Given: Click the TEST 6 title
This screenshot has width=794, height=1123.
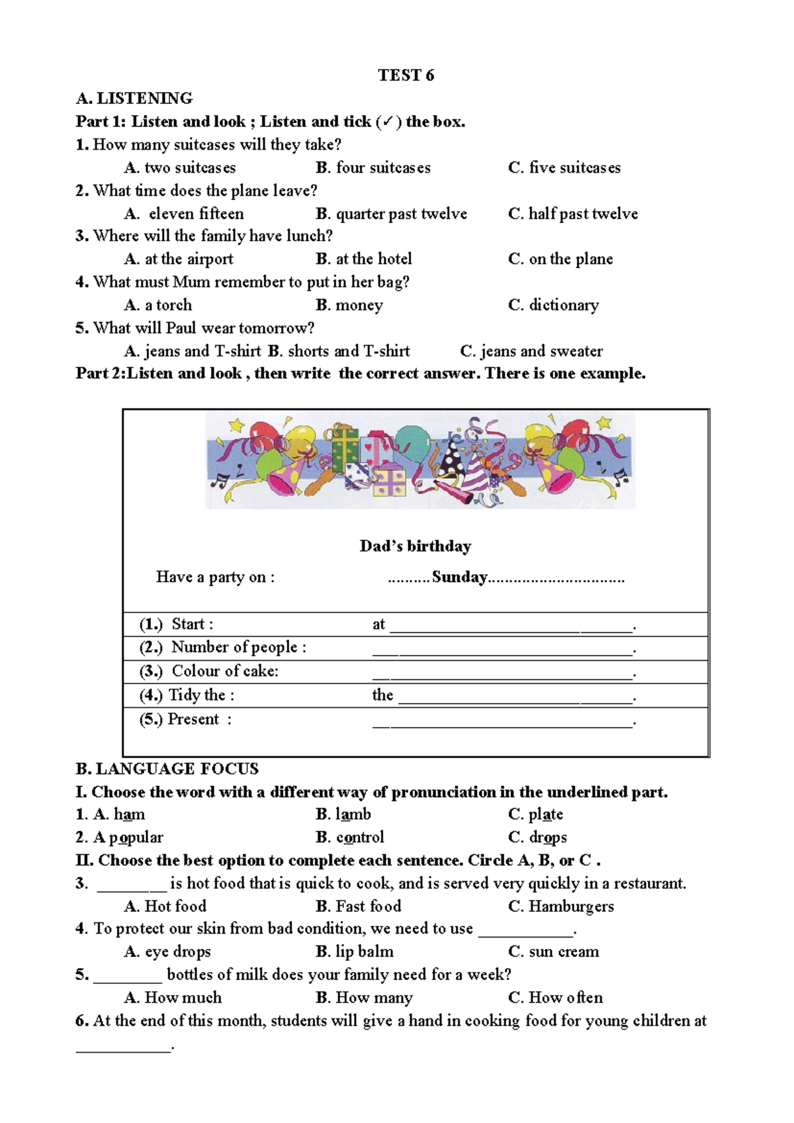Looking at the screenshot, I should point(406,75).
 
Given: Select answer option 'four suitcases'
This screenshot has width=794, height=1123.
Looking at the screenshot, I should point(382,168).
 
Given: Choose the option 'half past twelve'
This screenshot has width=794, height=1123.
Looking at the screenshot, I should point(582,214).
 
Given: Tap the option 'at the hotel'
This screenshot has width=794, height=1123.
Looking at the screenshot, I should point(373,259).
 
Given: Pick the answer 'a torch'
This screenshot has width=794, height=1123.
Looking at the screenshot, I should point(168,305).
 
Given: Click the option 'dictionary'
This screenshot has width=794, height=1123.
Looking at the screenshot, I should point(563,305).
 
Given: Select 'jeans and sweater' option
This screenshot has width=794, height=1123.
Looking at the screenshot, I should point(541,351).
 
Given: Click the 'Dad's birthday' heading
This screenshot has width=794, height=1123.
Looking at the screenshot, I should point(416,546).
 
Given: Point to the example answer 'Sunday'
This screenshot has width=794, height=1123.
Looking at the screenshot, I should point(459,577).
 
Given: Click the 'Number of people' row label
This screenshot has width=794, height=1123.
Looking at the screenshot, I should point(238,648).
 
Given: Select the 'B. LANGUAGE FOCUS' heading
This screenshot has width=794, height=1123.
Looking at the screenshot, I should point(167,769).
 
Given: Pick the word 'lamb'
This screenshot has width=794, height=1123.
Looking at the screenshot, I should point(353,814).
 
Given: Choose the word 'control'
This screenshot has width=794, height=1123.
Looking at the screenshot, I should point(360,838).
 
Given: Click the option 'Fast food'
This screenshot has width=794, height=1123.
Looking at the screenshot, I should point(368,906).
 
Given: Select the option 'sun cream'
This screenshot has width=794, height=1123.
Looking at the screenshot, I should point(563,952).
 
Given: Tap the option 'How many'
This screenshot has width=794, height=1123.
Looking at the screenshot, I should point(374,998).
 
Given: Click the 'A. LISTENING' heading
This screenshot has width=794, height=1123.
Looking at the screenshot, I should point(134,99).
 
